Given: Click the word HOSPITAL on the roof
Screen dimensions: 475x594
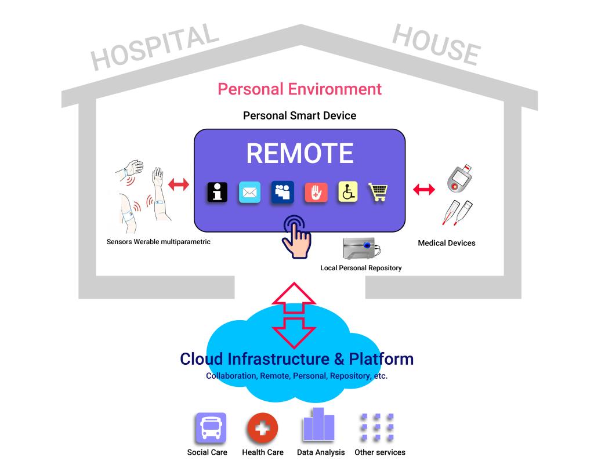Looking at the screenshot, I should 155,47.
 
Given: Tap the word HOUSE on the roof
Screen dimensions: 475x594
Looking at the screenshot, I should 436,45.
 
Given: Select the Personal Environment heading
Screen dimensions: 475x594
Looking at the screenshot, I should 299,89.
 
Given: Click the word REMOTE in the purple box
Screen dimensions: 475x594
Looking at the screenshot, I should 299,154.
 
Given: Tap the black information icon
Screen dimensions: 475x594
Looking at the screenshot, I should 217,192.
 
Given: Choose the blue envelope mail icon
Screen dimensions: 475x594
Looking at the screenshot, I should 250,192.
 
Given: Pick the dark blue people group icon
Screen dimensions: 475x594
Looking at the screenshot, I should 282,192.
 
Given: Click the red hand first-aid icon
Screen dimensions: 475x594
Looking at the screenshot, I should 316,192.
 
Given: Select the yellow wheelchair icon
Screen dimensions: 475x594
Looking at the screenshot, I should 348,192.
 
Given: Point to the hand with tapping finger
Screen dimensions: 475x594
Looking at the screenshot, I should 296,235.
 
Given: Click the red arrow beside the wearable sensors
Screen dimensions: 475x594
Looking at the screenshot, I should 178,185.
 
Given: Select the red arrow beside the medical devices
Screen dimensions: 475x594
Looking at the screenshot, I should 423,189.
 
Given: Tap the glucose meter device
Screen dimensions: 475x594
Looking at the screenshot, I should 460,179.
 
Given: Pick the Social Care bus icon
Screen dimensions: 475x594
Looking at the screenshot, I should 210,428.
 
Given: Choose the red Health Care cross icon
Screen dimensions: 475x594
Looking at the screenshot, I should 262,429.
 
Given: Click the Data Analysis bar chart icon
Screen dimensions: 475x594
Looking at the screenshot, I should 318,425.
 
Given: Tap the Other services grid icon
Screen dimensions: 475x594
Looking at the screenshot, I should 376,429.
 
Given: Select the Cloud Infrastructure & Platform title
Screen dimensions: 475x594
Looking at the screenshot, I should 296,359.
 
